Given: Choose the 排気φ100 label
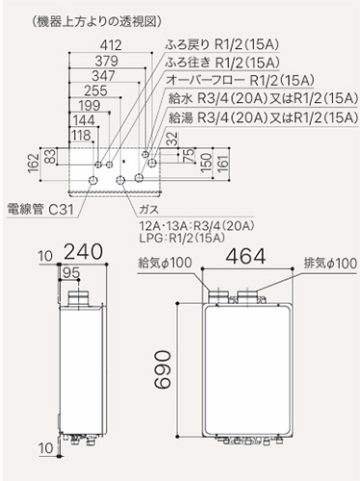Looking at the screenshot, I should tap(326, 262).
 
